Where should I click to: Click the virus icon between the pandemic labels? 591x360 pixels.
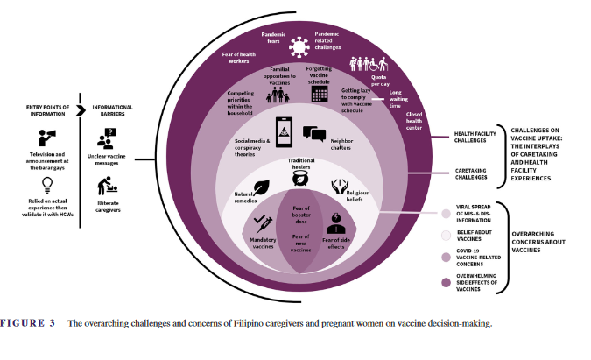[300, 44]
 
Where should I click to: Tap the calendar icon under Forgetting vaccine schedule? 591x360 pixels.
[320, 93]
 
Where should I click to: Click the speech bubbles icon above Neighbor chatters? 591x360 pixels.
[314, 134]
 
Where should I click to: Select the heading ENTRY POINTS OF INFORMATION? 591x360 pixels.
[46, 110]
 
